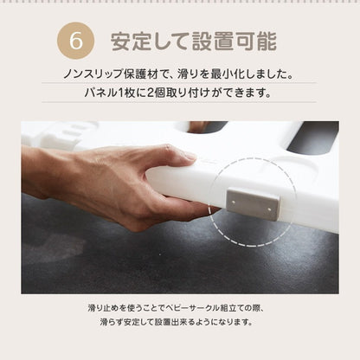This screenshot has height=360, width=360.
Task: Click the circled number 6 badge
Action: pos(74,42)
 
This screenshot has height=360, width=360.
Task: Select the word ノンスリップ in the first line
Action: pos(102,74)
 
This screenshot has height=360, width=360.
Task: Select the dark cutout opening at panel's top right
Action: pos(312,137)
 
